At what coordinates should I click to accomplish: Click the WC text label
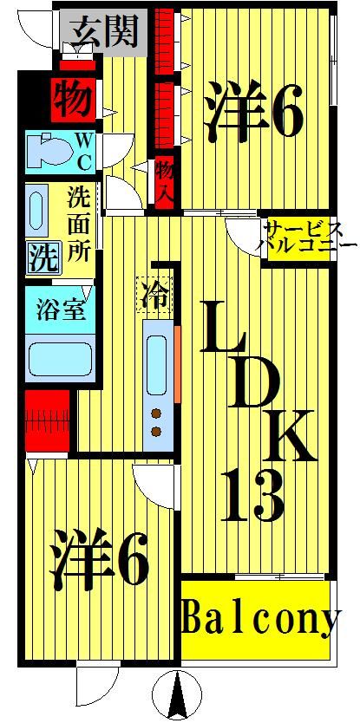point(83,150)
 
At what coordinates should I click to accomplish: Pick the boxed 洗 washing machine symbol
point(39,257)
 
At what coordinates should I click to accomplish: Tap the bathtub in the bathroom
point(60,357)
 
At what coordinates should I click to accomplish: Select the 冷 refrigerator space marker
point(154,291)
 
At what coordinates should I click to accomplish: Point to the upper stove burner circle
point(157,413)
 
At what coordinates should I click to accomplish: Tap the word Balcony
point(259,621)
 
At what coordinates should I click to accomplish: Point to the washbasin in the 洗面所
point(38,211)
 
